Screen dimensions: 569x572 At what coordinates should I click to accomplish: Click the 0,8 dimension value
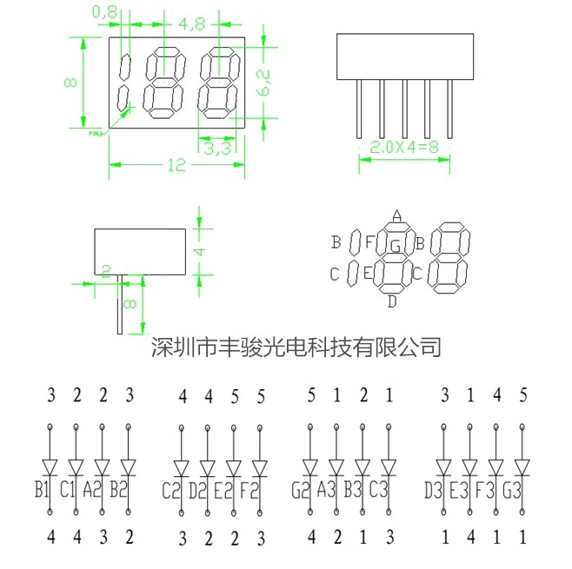click(104, 12)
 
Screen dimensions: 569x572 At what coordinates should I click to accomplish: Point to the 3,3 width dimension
click(216, 149)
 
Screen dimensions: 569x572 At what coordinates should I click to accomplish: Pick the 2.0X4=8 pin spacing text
click(406, 148)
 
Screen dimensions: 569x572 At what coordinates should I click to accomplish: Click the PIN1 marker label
click(96, 133)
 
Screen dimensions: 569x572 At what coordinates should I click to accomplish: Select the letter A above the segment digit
click(396, 216)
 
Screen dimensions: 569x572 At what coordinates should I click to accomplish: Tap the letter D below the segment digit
click(392, 301)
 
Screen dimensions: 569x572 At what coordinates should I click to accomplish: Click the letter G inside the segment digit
click(395, 247)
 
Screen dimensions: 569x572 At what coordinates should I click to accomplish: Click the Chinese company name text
click(296, 347)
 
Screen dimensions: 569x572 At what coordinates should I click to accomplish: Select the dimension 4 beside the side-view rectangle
click(198, 250)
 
